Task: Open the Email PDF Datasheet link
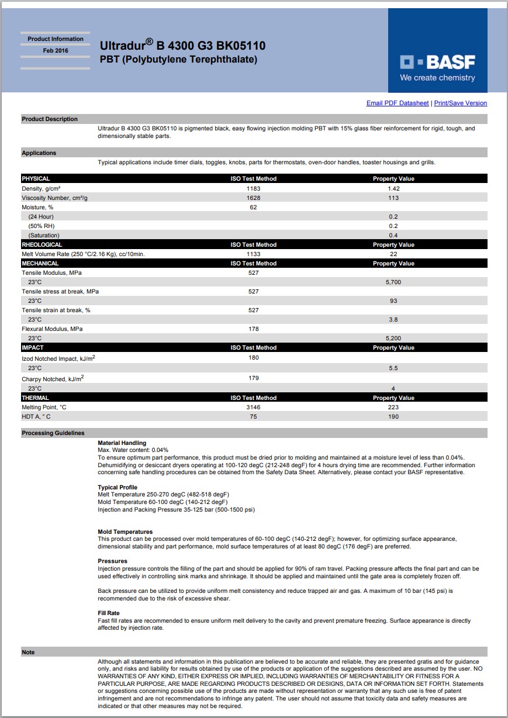[x=397, y=103]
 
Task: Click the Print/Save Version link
[x=460, y=103]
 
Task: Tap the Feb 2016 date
[x=56, y=51]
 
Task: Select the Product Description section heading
[x=50, y=119]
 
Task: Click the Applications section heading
[x=39, y=153]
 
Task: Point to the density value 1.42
[x=393, y=189]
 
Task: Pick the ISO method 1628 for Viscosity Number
[x=253, y=198]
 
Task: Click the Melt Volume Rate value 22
[x=393, y=254]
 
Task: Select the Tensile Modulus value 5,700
[x=393, y=282]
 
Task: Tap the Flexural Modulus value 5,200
[x=393, y=339]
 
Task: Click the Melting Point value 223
[x=393, y=408]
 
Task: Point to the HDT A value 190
[x=393, y=417]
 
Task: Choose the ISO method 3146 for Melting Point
[x=253, y=408]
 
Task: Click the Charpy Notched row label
[x=53, y=379]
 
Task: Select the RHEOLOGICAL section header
[x=42, y=245]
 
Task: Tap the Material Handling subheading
[x=122, y=443]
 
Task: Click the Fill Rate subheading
[x=109, y=613]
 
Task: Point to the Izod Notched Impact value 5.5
[x=393, y=368]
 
